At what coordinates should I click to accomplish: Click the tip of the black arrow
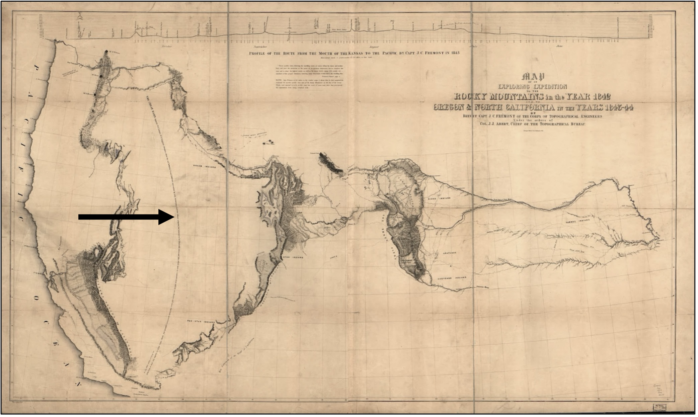(173, 217)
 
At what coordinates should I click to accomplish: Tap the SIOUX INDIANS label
(439, 198)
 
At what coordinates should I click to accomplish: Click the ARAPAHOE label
(449, 253)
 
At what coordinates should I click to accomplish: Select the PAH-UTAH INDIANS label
(200, 322)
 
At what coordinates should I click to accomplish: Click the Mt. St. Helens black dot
(106, 52)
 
